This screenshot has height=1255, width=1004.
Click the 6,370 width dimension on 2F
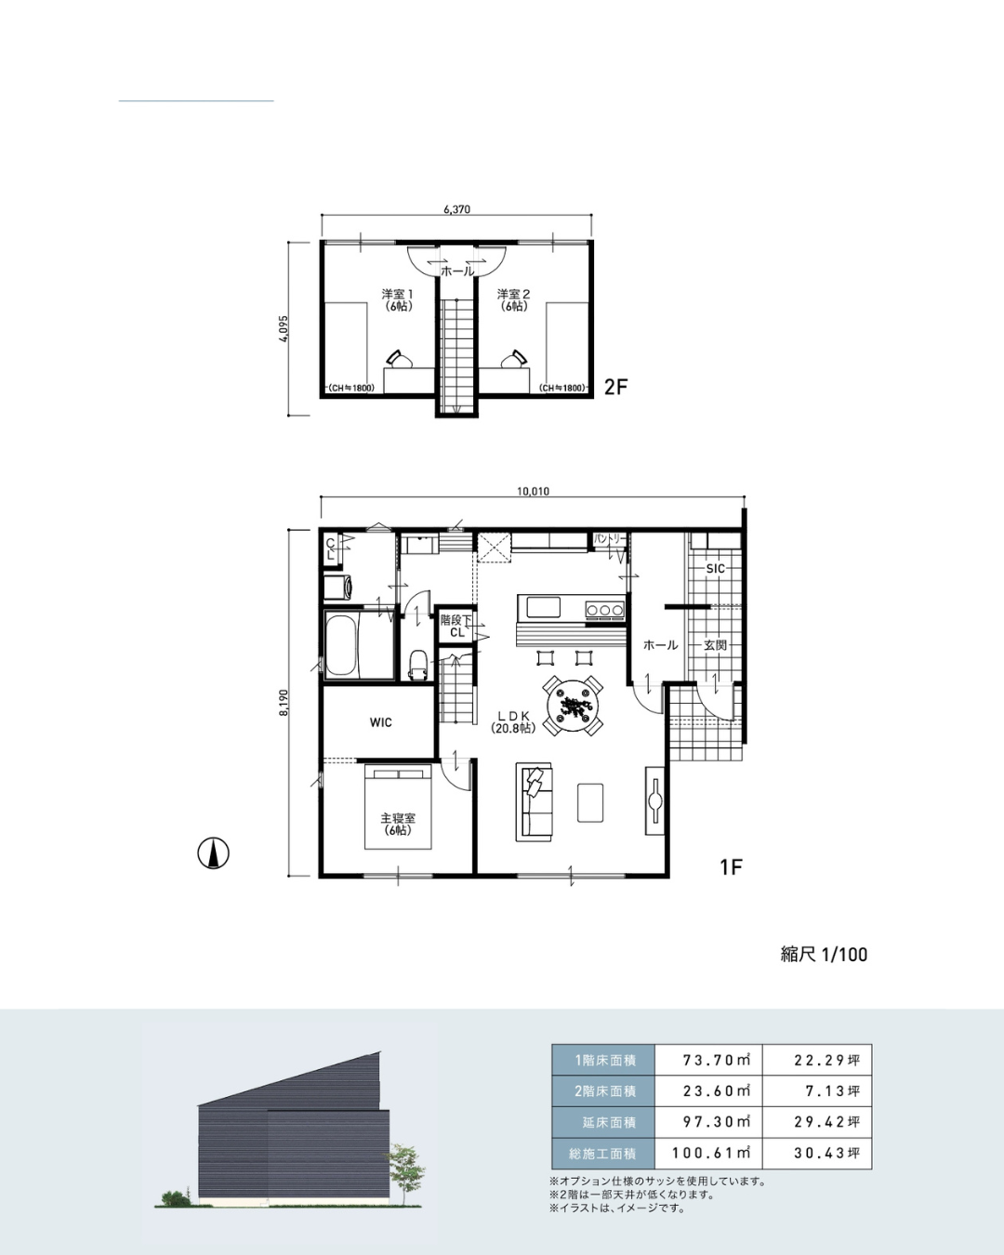point(456,209)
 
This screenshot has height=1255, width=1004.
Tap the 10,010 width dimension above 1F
point(533,491)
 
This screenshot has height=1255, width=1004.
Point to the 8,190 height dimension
point(284,703)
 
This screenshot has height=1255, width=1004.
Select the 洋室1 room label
point(397,299)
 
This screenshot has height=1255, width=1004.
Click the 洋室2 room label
point(513,299)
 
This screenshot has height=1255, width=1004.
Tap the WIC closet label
point(381,722)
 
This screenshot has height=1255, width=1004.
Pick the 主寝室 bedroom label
point(398,824)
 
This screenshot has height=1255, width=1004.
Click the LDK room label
point(513,721)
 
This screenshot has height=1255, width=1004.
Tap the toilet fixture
point(417,665)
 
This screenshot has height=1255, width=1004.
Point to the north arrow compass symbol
point(213,853)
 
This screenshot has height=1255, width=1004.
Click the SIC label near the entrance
point(715,569)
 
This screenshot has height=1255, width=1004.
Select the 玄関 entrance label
point(715,645)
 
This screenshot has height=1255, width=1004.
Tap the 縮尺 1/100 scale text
point(824,955)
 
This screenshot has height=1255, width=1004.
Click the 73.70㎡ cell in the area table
point(717,1060)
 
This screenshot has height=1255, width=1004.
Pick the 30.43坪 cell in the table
point(826,1154)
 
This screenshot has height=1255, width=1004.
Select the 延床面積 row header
point(603,1122)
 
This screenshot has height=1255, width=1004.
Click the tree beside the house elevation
point(404,1173)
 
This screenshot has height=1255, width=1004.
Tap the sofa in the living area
point(534,802)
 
